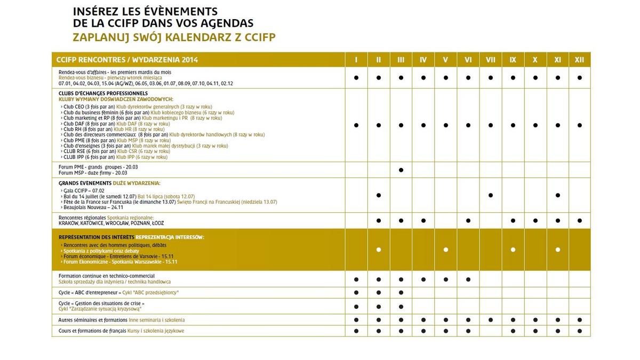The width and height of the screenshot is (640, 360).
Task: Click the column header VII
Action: pos(490,60)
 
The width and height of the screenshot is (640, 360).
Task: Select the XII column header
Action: pos(579,60)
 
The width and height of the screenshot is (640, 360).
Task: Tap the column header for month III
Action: pos(401,60)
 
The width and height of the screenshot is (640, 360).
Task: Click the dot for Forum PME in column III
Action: pos(401,170)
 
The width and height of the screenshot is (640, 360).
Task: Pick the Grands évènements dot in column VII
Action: pos(490,195)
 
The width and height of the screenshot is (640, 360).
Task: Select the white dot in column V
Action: pos(445,250)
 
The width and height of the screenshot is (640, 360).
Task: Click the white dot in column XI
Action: pos(557,250)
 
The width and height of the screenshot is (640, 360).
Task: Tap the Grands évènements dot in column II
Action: pos(378,195)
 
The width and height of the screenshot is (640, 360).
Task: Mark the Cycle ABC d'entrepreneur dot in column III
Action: pos(401,292)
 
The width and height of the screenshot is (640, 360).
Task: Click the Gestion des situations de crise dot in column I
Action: pos(356,306)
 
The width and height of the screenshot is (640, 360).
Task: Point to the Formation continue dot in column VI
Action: pos(468,279)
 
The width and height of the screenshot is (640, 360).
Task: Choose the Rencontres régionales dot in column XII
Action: pos(579,220)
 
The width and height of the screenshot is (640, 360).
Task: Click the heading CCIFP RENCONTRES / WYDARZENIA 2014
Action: pos(127,60)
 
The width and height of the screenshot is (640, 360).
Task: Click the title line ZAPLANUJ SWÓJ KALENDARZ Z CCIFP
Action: pos(174,37)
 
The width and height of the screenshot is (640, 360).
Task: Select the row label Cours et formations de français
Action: pos(92,331)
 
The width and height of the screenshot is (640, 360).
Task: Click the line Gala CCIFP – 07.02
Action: pos(83,190)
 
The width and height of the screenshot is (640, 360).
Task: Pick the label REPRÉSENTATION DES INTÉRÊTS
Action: pos(96,237)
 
